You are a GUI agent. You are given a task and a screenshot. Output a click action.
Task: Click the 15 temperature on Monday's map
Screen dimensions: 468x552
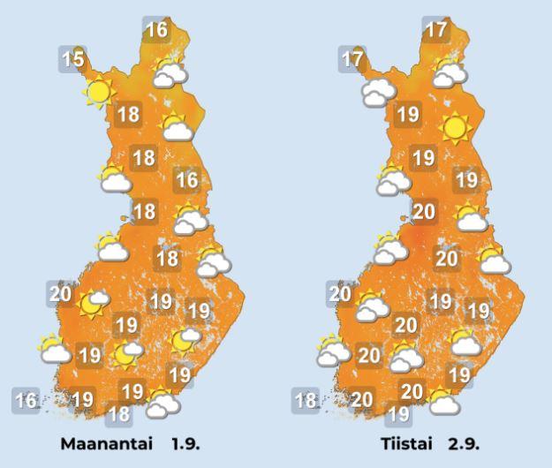click(73, 60)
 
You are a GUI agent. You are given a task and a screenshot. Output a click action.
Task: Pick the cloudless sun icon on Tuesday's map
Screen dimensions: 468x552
click(455, 129)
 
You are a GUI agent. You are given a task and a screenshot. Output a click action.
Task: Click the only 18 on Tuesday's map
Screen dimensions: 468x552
click(306, 401)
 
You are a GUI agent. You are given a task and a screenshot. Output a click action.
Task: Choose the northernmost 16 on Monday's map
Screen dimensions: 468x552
click(156, 30)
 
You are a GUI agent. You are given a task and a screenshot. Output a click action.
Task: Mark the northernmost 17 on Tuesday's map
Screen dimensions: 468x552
click(435, 30)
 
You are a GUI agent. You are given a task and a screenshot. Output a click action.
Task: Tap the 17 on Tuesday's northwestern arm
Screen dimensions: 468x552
click(352, 60)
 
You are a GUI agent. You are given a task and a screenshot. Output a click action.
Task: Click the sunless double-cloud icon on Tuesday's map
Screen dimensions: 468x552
click(378, 90)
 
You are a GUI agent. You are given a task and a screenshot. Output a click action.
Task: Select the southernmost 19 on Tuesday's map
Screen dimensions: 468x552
click(399, 411)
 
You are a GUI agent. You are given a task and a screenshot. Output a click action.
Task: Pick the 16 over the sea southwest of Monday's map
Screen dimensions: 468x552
click(26, 401)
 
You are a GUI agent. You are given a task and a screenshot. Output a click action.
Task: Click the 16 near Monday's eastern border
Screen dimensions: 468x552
click(186, 180)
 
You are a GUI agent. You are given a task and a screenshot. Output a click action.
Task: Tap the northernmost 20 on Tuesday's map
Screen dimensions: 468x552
click(424, 211)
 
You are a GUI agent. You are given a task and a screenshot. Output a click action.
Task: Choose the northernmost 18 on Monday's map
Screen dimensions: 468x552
click(129, 114)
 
